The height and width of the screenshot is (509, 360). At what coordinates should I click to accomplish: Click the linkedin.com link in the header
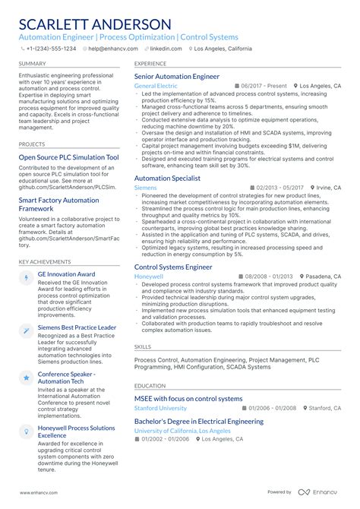(x=166, y=48)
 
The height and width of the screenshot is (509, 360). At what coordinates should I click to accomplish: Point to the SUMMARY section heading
(x=33, y=64)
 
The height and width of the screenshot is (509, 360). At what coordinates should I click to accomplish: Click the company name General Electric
(x=155, y=86)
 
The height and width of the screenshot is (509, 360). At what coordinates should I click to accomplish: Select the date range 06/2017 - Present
(x=264, y=86)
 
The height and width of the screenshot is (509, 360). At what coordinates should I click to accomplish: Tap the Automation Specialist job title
(x=167, y=178)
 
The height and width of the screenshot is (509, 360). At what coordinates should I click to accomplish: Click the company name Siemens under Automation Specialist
(x=145, y=187)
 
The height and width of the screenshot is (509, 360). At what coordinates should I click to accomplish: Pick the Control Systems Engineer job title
(x=173, y=267)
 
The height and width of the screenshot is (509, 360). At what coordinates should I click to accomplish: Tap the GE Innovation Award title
(x=67, y=273)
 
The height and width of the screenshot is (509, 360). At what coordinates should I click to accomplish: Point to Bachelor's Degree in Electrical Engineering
(x=199, y=421)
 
